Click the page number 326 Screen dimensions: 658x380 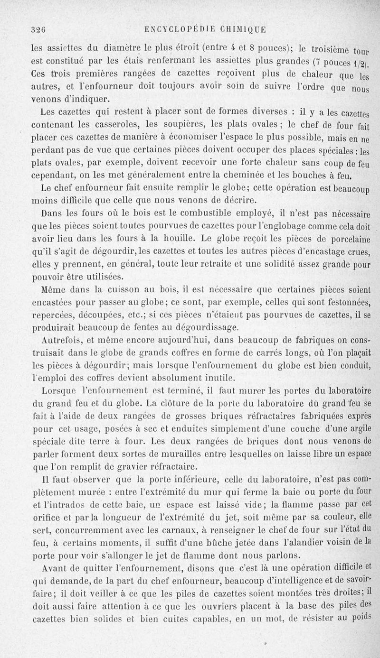click(38, 28)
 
